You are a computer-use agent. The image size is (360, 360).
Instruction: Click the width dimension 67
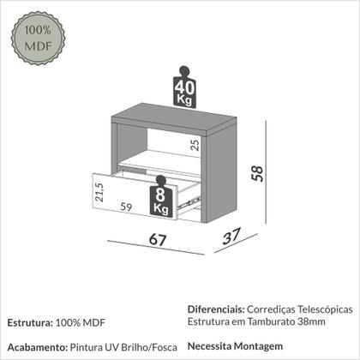[156, 240]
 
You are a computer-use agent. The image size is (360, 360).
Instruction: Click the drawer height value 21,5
[99, 193]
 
